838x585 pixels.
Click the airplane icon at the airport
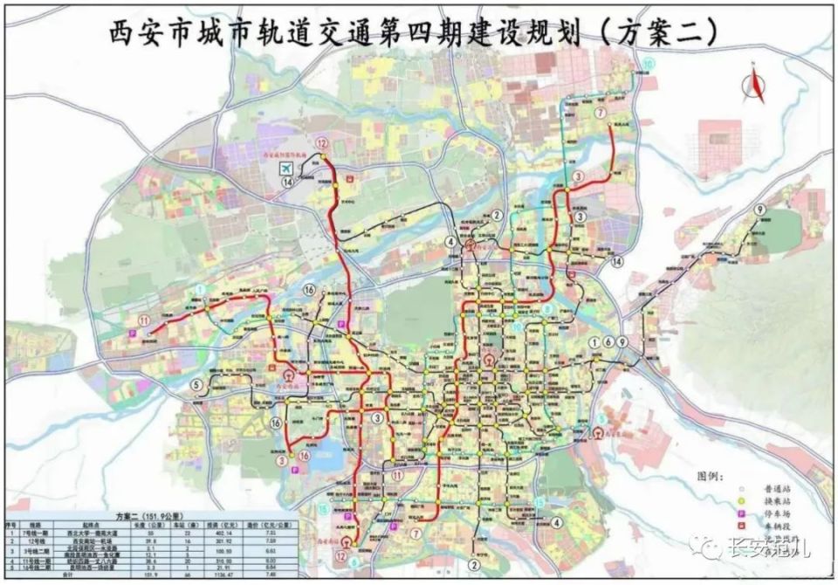coord(285,168)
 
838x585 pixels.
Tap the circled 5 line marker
coord(197,384)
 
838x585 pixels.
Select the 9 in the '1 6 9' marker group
coord(622,341)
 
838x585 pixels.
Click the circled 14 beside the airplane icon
coord(286,182)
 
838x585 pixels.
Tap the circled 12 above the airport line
coord(323,144)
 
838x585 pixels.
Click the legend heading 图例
coord(711,477)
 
